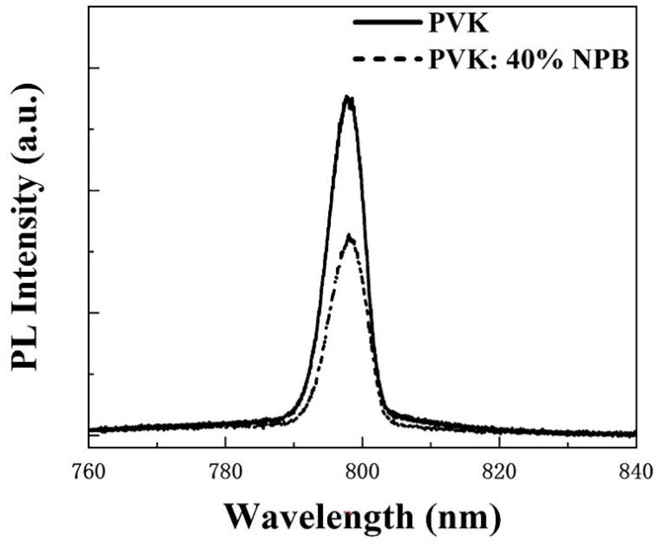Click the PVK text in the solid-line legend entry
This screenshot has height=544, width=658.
pyautogui.click(x=458, y=23)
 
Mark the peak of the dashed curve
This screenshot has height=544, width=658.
pyautogui.click(x=349, y=235)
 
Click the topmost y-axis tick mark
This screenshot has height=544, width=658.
pyautogui.click(x=94, y=68)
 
